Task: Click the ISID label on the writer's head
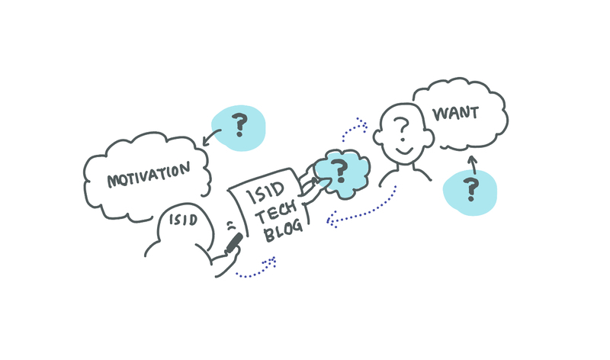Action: pyautogui.click(x=183, y=220)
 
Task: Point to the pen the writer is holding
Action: pyautogui.click(x=233, y=243)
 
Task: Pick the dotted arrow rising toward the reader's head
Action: pyautogui.click(x=354, y=130)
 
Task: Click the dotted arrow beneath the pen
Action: pyautogui.click(x=256, y=268)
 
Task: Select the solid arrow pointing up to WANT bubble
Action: pyautogui.click(x=472, y=162)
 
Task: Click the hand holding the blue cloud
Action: pyautogui.click(x=309, y=183)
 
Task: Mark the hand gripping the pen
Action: pyautogui.click(x=221, y=259)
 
